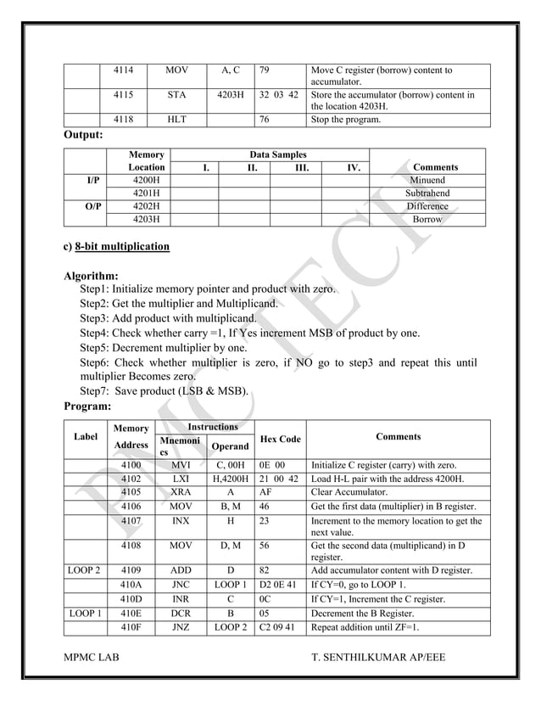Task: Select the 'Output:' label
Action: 84,135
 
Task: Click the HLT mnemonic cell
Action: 176,121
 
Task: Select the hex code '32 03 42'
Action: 278,95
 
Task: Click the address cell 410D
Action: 130,598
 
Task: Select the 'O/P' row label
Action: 84,206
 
